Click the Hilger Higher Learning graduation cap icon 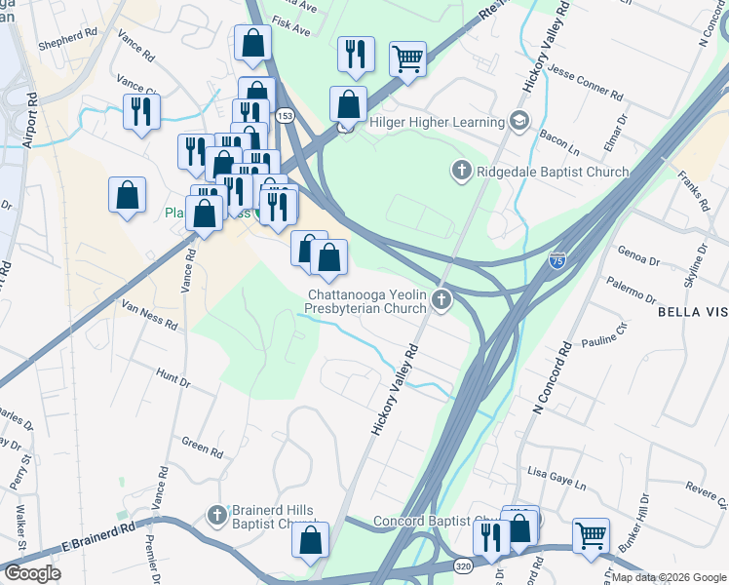(519, 122)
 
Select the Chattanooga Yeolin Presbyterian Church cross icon (442, 300)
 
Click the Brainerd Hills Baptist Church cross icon (217, 513)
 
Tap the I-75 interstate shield (556, 260)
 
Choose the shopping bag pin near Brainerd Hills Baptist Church (310, 539)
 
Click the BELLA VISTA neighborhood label (692, 312)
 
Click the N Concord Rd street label (552, 377)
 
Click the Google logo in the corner (32, 572)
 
